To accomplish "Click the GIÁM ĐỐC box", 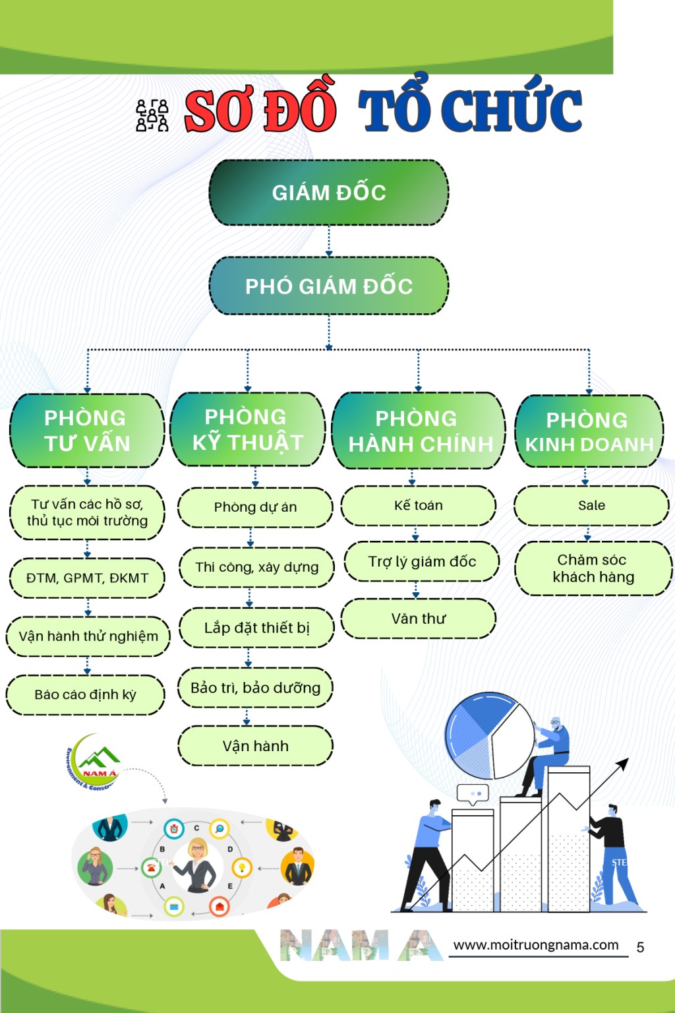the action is tap(329, 192).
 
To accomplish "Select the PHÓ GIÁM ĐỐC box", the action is tap(329, 286).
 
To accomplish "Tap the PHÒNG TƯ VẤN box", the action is tap(87, 431).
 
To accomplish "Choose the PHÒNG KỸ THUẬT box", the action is tap(247, 429).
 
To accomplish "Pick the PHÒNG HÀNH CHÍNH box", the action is tap(418, 431).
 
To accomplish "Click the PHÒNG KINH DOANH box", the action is tap(589, 431).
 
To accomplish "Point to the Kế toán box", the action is tap(418, 506).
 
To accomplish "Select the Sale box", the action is tap(591, 506).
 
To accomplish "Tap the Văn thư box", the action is tap(418, 619).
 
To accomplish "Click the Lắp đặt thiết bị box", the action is tap(256, 628).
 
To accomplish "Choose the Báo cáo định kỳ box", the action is tap(86, 694).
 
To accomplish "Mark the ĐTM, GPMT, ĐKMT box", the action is tap(87, 578).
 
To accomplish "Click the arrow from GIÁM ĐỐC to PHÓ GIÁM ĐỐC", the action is tap(329, 241).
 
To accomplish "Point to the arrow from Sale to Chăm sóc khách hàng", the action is tap(587, 534).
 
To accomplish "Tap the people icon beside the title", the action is tap(152, 115).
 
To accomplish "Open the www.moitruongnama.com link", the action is tap(536, 945).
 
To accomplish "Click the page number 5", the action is tap(640, 947).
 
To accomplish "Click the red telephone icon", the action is tap(151, 867).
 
